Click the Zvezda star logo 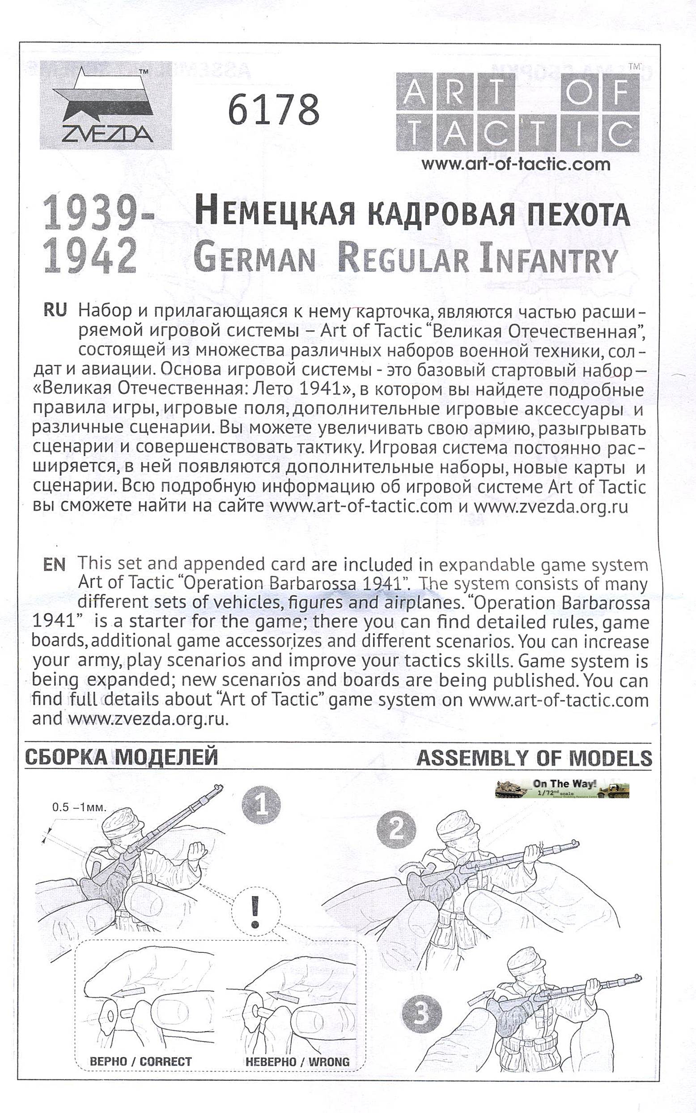[x=106, y=106]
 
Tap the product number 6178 [x=273, y=109]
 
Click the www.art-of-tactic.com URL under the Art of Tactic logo [x=516, y=164]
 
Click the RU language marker [x=55, y=310]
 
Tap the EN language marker [x=54, y=565]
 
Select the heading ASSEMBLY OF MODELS [x=534, y=758]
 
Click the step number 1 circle [x=261, y=807]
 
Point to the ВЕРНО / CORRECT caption [x=140, y=1062]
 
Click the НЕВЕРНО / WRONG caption [x=297, y=1062]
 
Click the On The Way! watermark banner [x=562, y=789]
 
